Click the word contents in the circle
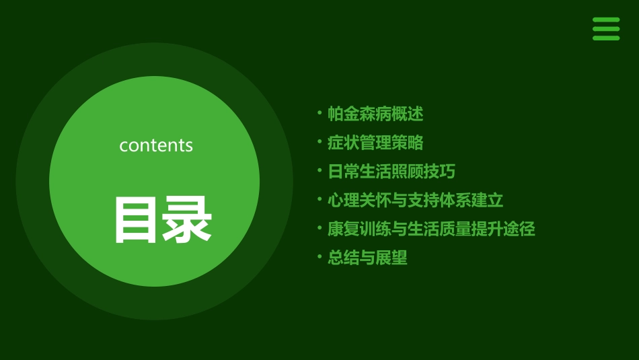point(156,145)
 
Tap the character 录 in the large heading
point(187,219)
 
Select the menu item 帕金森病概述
point(375,114)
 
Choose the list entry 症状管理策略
point(375,143)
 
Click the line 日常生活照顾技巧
point(391,172)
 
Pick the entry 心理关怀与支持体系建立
point(415,200)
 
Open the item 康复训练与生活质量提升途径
point(431,229)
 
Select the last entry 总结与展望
point(367,258)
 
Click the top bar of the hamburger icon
point(606,20)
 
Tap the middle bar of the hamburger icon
point(606,29)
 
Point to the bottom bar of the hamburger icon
point(606,38)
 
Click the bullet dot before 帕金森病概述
point(319,112)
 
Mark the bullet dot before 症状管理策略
point(319,141)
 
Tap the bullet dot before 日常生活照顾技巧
point(319,170)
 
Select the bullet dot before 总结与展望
point(319,256)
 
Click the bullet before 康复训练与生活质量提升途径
point(319,227)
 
